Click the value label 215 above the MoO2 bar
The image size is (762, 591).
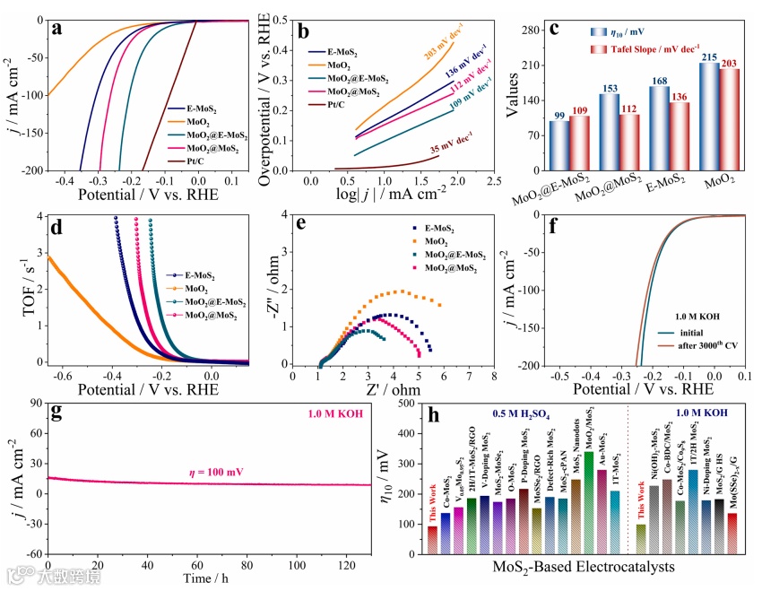click(709, 56)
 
